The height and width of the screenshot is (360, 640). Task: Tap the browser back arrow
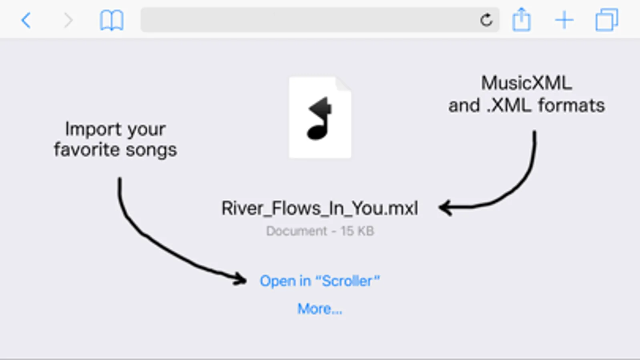(26, 20)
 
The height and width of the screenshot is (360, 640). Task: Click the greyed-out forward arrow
(68, 20)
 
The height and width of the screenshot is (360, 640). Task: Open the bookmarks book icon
(111, 20)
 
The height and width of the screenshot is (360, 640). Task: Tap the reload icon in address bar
(486, 20)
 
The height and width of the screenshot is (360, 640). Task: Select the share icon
(521, 20)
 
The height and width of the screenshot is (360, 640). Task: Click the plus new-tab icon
(564, 20)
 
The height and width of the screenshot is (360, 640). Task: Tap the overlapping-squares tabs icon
(606, 20)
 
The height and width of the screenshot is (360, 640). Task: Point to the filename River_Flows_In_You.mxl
(320, 208)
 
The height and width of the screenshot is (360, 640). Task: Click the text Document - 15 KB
(320, 231)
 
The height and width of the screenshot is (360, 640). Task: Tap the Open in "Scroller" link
(320, 281)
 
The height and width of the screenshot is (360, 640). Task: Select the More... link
(320, 309)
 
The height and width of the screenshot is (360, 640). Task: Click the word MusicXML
(526, 83)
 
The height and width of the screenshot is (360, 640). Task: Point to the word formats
(571, 106)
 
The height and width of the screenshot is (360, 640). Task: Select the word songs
(151, 150)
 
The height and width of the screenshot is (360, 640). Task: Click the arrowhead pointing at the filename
(445, 208)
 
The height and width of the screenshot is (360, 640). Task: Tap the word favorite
(87, 150)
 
